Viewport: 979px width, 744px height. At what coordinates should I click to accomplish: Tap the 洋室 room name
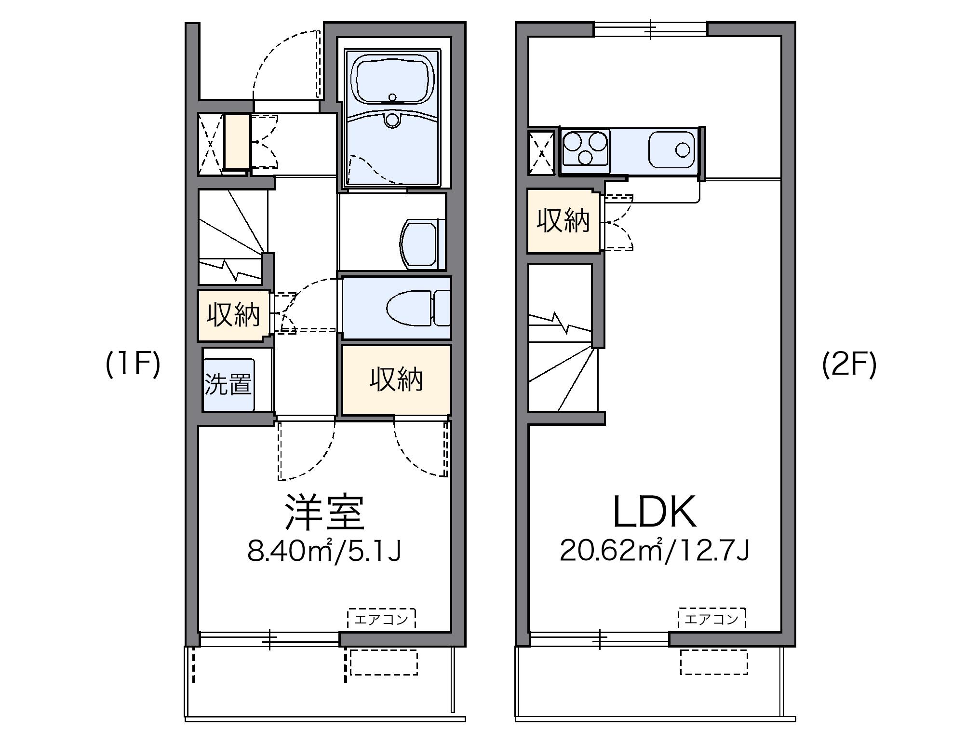324,513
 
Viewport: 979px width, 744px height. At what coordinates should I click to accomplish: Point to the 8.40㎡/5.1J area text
324,551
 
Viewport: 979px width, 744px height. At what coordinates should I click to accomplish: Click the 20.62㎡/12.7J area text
655,551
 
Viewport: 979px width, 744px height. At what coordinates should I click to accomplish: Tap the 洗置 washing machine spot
228,384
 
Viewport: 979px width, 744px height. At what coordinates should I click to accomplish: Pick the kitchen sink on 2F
672,150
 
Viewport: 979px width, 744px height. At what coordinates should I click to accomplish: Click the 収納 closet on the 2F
563,221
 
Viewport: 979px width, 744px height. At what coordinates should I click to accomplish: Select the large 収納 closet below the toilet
396,379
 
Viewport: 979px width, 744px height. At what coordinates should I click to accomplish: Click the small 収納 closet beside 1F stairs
233,315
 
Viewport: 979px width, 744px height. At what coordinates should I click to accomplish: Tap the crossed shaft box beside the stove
542,153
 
